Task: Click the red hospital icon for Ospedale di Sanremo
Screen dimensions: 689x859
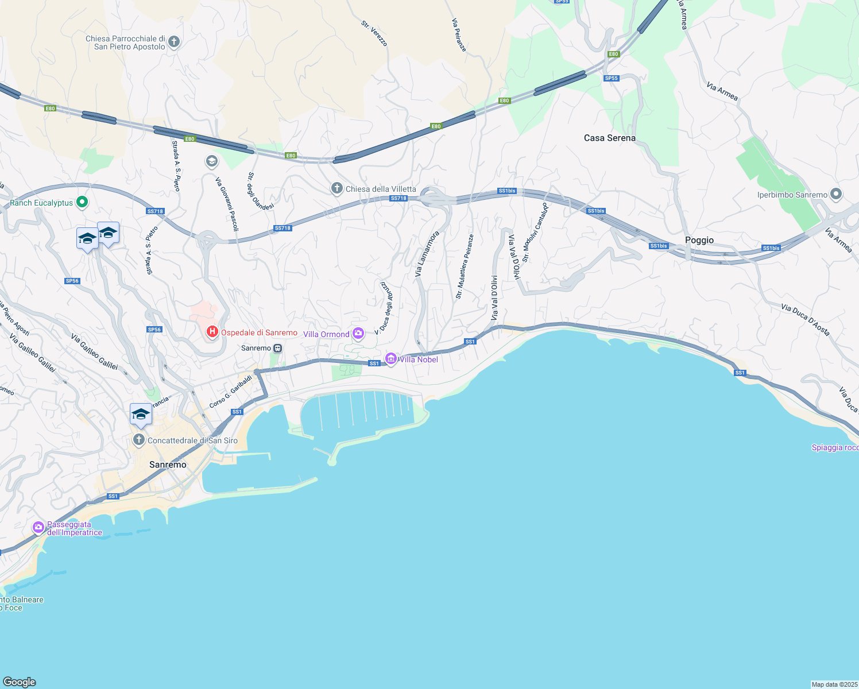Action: tap(212, 332)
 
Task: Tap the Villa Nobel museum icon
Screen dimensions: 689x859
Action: tap(391, 359)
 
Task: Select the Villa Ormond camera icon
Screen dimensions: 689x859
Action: tap(358, 334)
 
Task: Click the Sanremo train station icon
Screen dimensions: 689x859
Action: tap(278, 349)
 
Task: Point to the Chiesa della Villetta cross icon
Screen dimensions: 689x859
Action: tap(337, 188)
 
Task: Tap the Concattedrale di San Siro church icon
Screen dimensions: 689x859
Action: tap(138, 440)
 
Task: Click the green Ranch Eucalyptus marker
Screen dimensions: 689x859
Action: tap(82, 202)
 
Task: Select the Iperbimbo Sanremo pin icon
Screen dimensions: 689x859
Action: tap(836, 195)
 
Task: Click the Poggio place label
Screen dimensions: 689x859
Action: tap(699, 240)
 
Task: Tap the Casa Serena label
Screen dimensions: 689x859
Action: tap(609, 138)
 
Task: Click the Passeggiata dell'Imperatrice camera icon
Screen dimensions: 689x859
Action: tap(38, 527)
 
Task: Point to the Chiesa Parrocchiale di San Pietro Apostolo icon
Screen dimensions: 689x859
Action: tap(174, 41)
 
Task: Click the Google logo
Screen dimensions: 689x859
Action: tap(20, 682)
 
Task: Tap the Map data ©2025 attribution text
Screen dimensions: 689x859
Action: tap(834, 684)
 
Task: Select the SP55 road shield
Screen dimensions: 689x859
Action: tap(612, 78)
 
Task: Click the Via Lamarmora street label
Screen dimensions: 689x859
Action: tap(427, 254)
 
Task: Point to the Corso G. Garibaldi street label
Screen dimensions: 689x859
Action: tap(231, 392)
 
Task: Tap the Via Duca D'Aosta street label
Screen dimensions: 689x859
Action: tap(805, 320)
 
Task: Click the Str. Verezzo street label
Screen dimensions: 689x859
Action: tap(374, 33)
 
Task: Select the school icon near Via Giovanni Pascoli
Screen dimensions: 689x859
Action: tap(211, 161)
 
